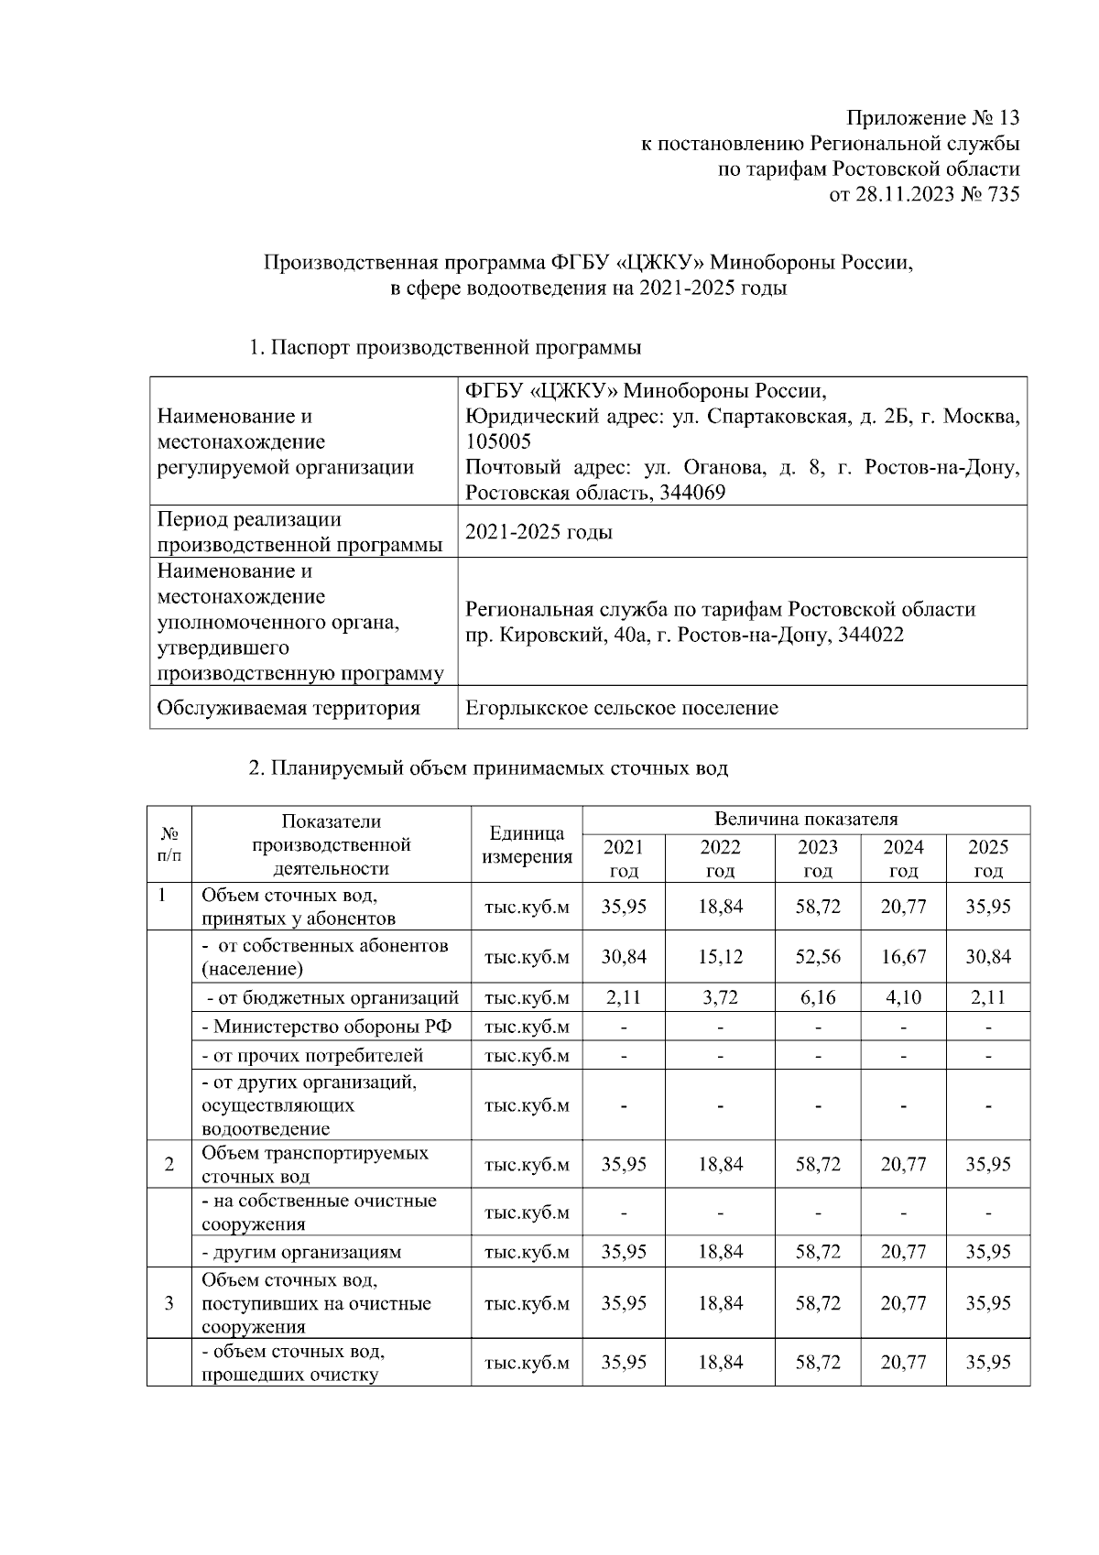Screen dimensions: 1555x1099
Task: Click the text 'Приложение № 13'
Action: coord(932,118)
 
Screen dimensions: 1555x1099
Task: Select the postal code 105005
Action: coord(498,441)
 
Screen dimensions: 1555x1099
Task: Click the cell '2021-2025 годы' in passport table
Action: coord(539,532)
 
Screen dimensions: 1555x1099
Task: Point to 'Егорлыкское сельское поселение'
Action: coord(622,708)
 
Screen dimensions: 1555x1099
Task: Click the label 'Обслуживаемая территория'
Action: coord(288,708)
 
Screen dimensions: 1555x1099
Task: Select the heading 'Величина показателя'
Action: coord(806,819)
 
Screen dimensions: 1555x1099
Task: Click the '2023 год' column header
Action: coord(817,859)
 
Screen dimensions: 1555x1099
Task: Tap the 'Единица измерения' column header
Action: coord(527,845)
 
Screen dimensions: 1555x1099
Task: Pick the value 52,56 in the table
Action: coord(817,957)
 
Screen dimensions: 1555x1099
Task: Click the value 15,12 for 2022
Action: coord(721,957)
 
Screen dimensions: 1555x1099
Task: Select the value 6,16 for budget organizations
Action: coord(817,997)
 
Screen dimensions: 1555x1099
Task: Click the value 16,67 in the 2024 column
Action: coord(903,957)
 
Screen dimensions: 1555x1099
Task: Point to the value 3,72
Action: coord(721,997)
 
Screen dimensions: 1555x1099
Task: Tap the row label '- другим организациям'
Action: coord(301,1252)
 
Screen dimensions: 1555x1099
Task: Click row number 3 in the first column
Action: coord(169,1303)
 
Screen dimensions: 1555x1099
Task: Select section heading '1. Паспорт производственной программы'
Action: coord(444,348)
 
